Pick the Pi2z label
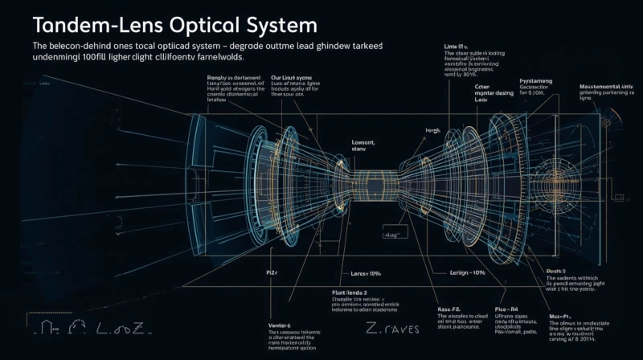(272, 273)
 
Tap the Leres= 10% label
(358, 274)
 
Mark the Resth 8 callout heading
(556, 271)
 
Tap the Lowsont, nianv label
(363, 145)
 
